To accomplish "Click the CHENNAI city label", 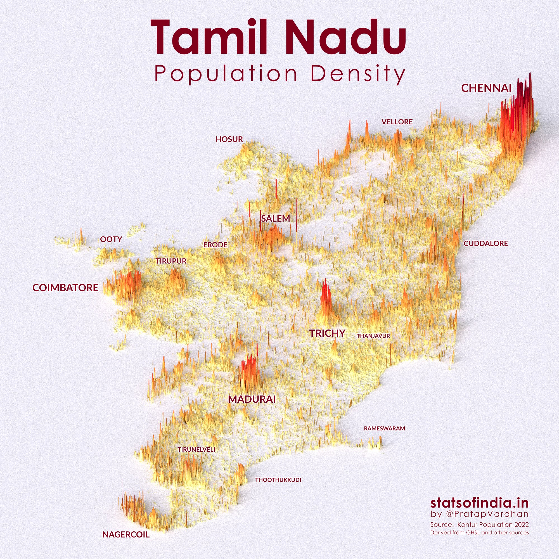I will pyautogui.click(x=486, y=88).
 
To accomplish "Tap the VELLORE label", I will pyautogui.click(x=397, y=122).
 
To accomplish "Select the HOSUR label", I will pyautogui.click(x=229, y=139).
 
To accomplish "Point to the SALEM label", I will pyautogui.click(x=275, y=219).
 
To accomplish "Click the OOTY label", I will pyautogui.click(x=111, y=239).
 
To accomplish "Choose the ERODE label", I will pyautogui.click(x=215, y=245).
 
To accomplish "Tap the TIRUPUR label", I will pyautogui.click(x=171, y=261).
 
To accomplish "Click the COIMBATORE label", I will pyautogui.click(x=65, y=288).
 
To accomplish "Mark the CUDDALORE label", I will pyautogui.click(x=486, y=243).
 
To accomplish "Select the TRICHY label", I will pyautogui.click(x=327, y=333).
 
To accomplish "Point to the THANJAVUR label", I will pyautogui.click(x=373, y=336).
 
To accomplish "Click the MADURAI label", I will pyautogui.click(x=252, y=399).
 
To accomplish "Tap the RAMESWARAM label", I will pyautogui.click(x=384, y=428).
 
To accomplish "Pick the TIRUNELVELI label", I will pyautogui.click(x=196, y=450).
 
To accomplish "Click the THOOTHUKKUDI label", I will pyautogui.click(x=278, y=480).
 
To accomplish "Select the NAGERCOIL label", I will pyautogui.click(x=126, y=535).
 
